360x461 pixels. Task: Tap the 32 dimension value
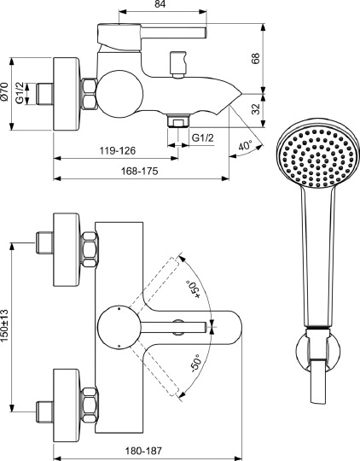click(257, 108)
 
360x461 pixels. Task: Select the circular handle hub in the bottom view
click(115, 325)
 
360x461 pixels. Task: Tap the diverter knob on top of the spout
click(179, 64)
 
